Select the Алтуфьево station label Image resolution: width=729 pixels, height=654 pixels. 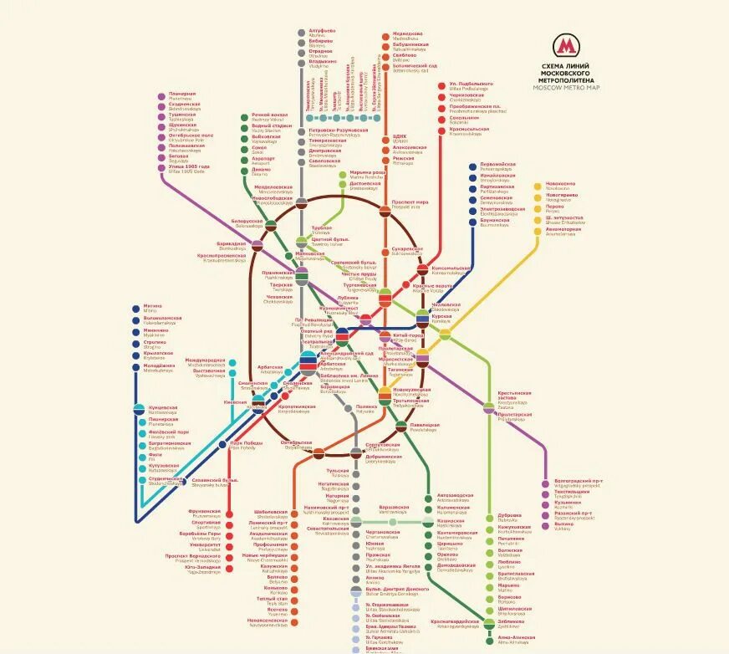point(322,30)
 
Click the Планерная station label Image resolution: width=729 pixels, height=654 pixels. point(182,94)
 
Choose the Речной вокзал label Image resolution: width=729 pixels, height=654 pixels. point(268,115)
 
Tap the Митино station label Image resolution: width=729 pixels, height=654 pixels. point(153,306)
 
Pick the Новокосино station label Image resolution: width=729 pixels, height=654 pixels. point(560,184)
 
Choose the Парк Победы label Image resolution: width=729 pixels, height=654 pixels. point(247,442)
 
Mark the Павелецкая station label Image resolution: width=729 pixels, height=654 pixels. point(424,425)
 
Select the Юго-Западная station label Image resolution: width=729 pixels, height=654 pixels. point(204,568)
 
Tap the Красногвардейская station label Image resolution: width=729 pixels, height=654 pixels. point(455,621)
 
